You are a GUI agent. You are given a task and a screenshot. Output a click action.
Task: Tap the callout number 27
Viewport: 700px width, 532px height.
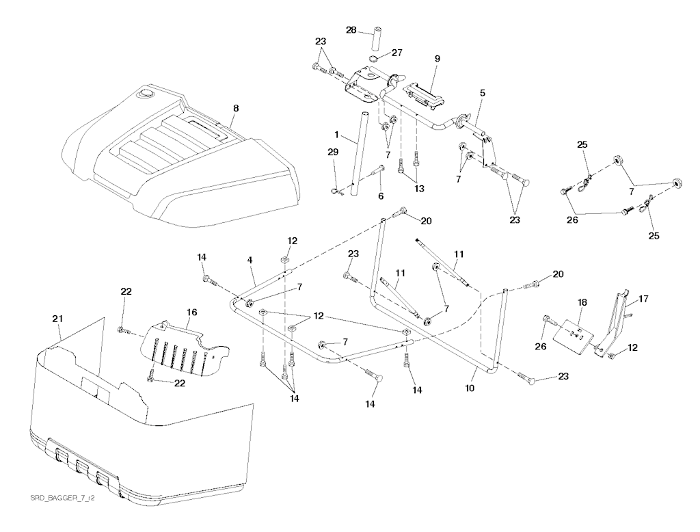coord(397,53)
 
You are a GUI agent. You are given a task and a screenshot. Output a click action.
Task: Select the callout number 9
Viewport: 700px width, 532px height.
coord(437,59)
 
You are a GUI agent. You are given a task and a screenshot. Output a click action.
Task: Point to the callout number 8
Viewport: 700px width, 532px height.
coord(236,108)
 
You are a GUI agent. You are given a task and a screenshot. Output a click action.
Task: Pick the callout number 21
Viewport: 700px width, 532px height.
coord(57,319)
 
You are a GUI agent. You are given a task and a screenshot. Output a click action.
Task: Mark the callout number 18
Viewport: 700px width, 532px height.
coord(582,302)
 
